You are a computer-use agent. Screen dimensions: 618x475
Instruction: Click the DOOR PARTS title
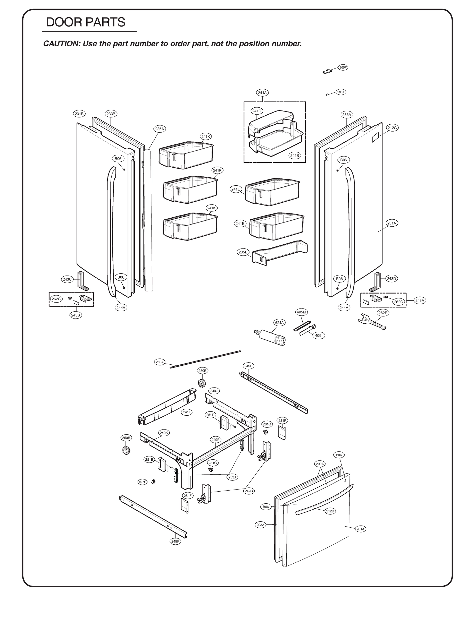pos(85,22)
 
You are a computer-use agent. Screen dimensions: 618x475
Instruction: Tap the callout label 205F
pos(343,67)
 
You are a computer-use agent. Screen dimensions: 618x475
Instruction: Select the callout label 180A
pos(341,92)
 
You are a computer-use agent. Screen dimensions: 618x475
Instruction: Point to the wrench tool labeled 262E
pos(371,321)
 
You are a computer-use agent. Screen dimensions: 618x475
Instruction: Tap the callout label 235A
pos(159,129)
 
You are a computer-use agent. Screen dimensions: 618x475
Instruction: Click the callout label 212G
pos(392,128)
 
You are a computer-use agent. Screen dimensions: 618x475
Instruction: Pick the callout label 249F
pos(175,541)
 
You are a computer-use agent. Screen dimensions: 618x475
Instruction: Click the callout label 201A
pos(361,529)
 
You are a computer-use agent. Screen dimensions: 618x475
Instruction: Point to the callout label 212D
pos(330,511)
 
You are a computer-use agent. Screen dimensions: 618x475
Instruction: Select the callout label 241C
pos(256,111)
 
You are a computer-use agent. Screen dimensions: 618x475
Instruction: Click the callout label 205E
pos(243,252)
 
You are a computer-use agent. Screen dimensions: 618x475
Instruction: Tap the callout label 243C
pos(67,279)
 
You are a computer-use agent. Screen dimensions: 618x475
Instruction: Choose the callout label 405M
pos(301,312)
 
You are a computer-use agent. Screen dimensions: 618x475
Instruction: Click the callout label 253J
pos(232,477)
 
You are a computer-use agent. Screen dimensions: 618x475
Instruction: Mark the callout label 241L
pos(187,412)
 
